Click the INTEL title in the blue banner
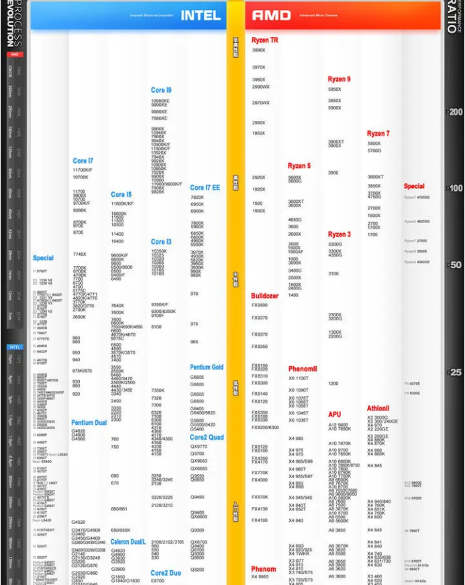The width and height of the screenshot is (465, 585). [200, 15]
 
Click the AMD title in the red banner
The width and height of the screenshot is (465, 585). [271, 15]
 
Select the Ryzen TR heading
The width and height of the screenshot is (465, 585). [265, 40]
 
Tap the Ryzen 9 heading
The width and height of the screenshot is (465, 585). [339, 79]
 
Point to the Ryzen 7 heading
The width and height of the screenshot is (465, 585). [378, 134]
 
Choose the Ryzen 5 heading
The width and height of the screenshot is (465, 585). [299, 166]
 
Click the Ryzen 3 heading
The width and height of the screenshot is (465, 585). [339, 234]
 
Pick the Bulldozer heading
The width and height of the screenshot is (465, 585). [265, 296]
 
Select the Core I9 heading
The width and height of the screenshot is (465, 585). [161, 90]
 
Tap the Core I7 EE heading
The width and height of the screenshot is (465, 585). [205, 188]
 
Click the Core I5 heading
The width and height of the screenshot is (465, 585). [121, 195]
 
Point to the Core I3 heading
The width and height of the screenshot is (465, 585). [161, 242]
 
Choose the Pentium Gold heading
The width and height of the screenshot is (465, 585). [207, 367]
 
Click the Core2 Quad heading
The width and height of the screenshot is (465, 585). [207, 437]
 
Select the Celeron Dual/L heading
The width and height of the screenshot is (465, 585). [128, 541]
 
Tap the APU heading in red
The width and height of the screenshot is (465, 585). [335, 414]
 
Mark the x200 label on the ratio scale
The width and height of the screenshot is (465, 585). [455, 112]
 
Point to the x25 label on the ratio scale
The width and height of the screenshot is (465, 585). [455, 372]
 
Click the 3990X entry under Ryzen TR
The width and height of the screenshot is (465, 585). [259, 50]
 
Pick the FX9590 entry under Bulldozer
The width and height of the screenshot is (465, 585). [260, 306]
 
